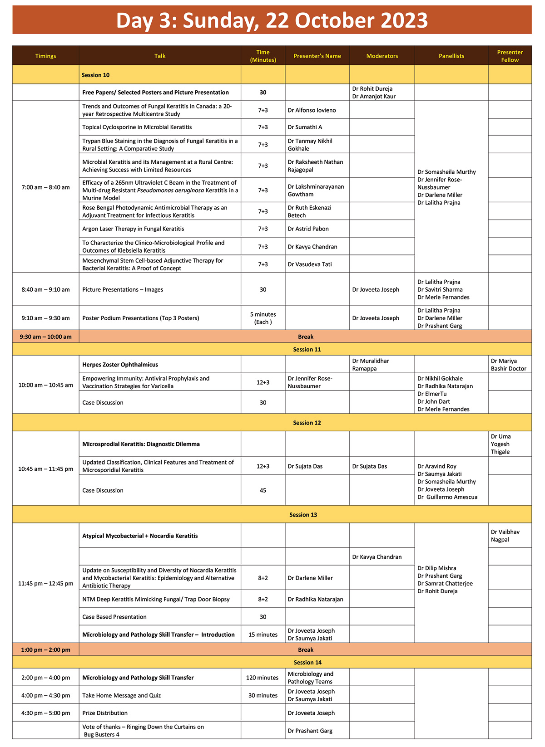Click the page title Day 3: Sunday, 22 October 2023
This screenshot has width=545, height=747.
pos(272,20)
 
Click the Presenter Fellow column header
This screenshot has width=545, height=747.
pos(510,56)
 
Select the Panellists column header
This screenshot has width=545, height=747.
pos(451,56)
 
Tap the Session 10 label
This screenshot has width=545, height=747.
pos(95,75)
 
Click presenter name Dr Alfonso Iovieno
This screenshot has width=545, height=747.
pos(312,110)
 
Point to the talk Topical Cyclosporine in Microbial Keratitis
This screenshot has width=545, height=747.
pos(137,127)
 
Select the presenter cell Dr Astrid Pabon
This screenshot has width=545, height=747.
pos(308,229)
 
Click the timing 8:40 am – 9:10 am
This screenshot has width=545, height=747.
pos(45,289)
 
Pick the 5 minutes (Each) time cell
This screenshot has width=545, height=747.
pos(263,318)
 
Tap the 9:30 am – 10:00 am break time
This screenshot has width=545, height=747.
pos(45,337)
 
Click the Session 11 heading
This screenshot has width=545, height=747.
pos(307,349)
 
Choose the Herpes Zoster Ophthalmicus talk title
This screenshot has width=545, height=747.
pos(120,365)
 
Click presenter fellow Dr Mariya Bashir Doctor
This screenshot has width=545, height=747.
pos(508,365)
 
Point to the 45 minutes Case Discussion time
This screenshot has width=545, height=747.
pos(263,490)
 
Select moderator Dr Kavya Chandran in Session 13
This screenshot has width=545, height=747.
pos(377,557)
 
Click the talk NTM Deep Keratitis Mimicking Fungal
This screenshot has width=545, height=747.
pos(156,599)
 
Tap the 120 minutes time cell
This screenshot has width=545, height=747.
pos(262,678)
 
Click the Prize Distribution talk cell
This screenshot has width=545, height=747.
pos(105,713)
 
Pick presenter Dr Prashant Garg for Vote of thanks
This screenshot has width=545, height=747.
pos(310,731)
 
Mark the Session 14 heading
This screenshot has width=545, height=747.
pos(307,662)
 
